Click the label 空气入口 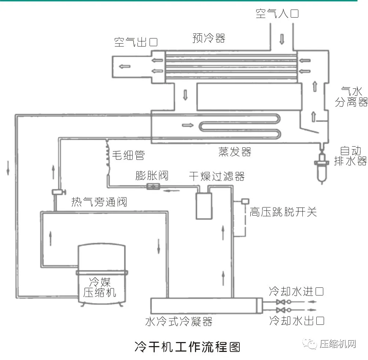(x=277, y=14)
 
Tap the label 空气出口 (x=136, y=42)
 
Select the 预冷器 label (x=209, y=38)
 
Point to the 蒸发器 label (x=235, y=151)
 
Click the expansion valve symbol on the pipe (x=152, y=186)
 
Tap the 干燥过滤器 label (x=217, y=176)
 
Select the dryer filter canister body (x=204, y=205)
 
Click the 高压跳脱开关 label (x=283, y=212)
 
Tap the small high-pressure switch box (x=245, y=201)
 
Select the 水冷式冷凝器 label (x=179, y=322)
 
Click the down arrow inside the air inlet (x=282, y=39)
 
